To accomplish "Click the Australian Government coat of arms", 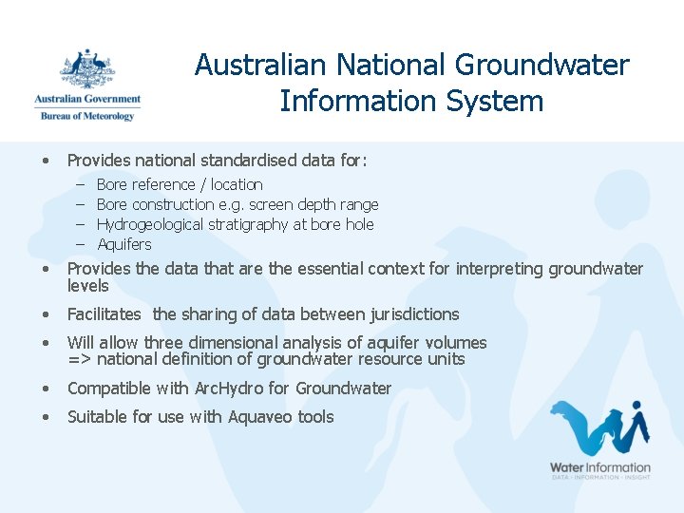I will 86,69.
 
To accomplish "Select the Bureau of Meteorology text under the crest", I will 86,115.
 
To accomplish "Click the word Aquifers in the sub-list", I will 124,245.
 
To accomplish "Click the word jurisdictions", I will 409,314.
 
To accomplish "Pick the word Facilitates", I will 104,314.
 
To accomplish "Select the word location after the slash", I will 237,185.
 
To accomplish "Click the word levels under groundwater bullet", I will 87,286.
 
